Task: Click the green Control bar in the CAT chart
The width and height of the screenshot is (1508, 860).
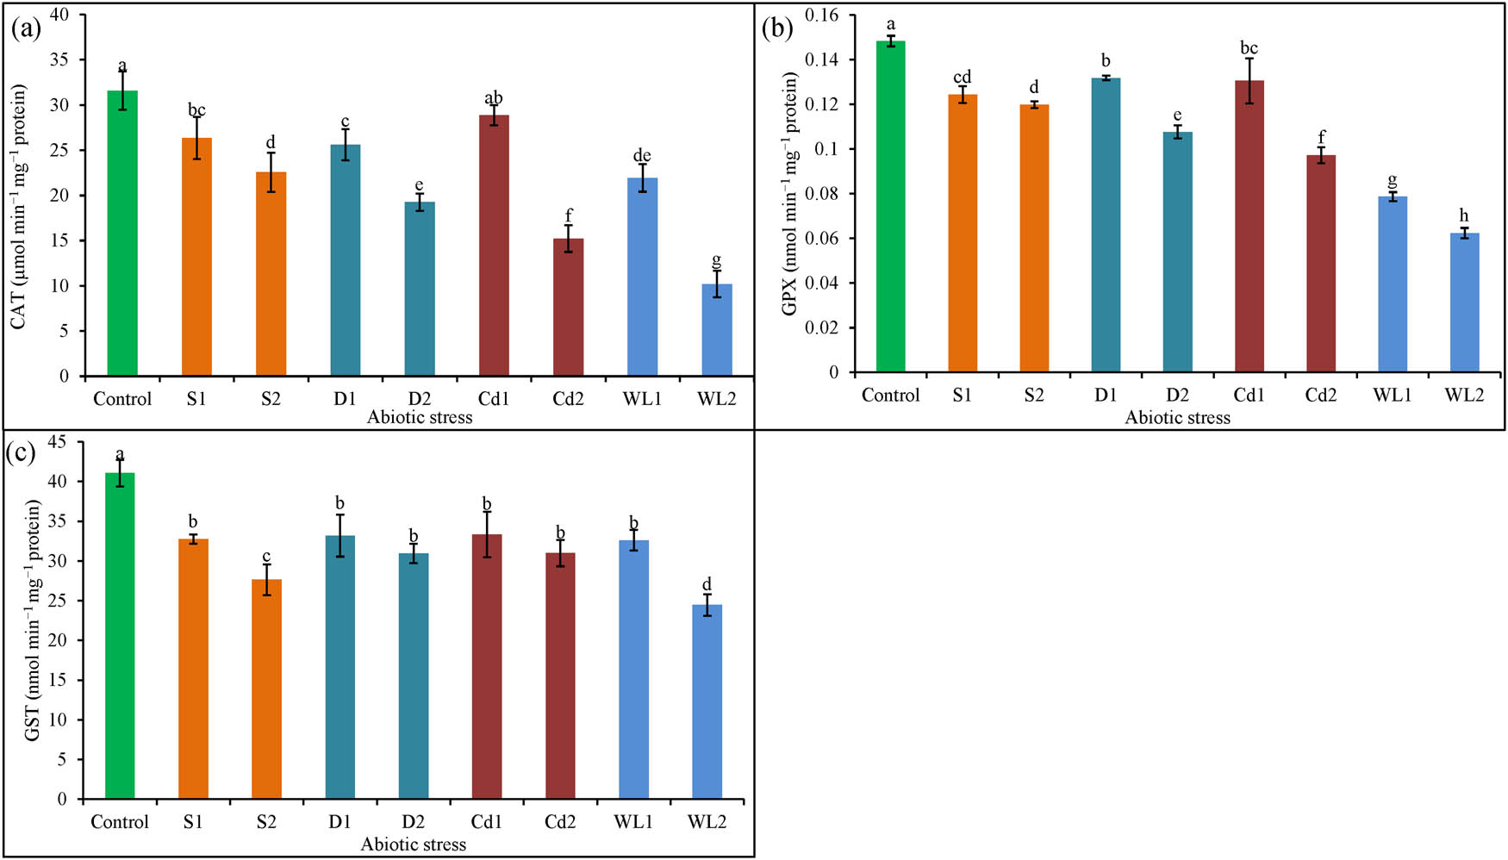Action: pos(122,233)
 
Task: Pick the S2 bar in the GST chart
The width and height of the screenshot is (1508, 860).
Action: pos(266,689)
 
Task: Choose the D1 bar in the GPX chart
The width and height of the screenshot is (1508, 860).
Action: pos(1106,225)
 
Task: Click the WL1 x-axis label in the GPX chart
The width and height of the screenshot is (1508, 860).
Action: pos(1393,396)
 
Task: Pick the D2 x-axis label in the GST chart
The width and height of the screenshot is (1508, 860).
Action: pos(414,822)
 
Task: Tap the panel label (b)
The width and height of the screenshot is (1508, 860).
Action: pos(778,28)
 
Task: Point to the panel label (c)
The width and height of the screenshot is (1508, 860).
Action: pos(21,453)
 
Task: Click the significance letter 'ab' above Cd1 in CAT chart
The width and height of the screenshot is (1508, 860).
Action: pos(494,98)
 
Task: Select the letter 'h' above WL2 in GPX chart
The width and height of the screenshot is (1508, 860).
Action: pos(1464,215)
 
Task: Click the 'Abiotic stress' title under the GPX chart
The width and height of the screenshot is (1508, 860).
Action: pos(1177,418)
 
